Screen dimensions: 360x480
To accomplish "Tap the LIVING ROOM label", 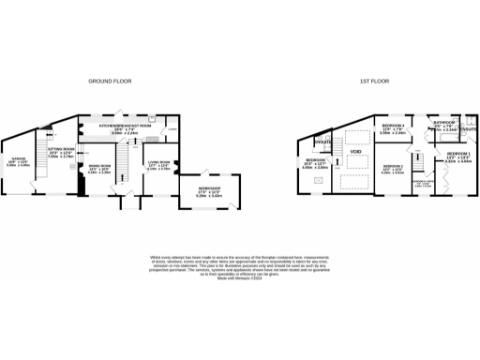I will point(157,161).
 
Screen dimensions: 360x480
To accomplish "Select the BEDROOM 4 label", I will point(393,126).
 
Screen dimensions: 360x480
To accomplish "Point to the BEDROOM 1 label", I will point(458,153).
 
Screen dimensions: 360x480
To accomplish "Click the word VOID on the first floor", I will point(355,151).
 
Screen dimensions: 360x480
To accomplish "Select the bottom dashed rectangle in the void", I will point(355,182).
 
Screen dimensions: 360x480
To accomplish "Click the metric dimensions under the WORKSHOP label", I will point(209,196).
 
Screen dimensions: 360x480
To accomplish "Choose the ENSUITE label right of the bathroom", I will point(469,127).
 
